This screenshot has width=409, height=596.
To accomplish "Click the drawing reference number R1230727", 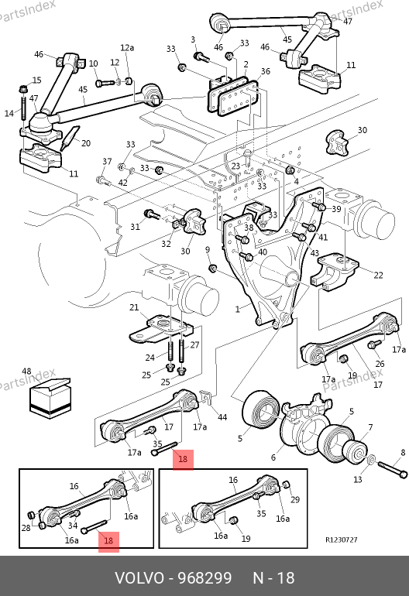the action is (x=342, y=539).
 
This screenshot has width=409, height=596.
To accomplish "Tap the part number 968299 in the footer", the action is (x=205, y=578).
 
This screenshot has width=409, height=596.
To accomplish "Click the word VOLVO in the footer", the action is (x=139, y=578).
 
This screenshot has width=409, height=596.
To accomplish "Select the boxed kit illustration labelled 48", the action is (x=50, y=398).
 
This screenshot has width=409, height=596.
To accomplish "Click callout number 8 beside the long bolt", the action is (x=403, y=453).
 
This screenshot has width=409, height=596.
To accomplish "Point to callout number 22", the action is (x=378, y=275).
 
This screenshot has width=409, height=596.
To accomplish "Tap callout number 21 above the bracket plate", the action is (x=134, y=307).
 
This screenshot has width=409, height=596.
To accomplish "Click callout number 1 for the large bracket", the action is (x=238, y=310).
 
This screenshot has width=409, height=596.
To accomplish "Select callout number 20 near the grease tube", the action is (x=86, y=143).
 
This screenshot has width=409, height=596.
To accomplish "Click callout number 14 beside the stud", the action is (x=9, y=113).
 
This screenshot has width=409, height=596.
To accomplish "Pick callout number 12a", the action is (x=127, y=47).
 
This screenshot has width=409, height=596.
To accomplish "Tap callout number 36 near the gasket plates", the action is (x=265, y=71).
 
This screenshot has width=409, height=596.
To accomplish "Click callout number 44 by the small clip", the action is (x=222, y=417).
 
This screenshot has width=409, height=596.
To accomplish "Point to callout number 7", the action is (x=370, y=427).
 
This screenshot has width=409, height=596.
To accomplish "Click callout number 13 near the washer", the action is (x=358, y=480).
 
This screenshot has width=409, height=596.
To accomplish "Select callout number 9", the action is (x=208, y=250).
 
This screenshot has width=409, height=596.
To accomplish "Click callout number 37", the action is (x=107, y=162).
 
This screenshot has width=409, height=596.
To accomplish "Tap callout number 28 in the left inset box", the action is (x=26, y=528).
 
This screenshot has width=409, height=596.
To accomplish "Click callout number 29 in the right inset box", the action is (x=295, y=499).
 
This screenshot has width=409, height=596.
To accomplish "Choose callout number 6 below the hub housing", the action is (x=273, y=457).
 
